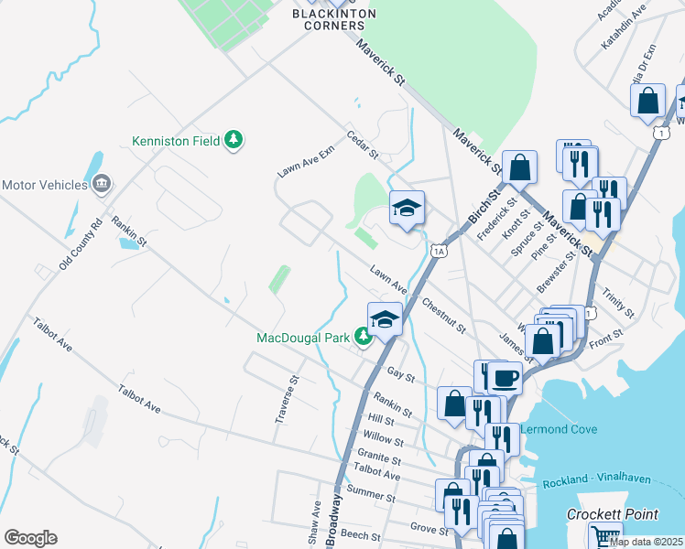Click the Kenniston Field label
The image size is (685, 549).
pyautogui.click(x=176, y=141)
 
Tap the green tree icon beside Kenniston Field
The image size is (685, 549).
pyautogui.click(x=235, y=139)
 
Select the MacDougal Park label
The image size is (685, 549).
pyautogui.click(x=301, y=338)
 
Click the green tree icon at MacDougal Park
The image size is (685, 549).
pyautogui.click(x=363, y=338)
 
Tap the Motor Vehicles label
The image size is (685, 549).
pyautogui.click(x=43, y=184)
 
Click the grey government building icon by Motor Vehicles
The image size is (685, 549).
pyautogui.click(x=102, y=184)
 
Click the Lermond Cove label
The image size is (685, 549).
pyautogui.click(x=560, y=428)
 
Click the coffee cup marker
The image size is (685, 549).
pyautogui.click(x=504, y=377)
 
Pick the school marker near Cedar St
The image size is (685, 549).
pyautogui.click(x=408, y=208)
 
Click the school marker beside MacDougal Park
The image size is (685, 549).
pyautogui.click(x=386, y=318)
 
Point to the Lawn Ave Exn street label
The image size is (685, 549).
pyautogui.click(x=307, y=162)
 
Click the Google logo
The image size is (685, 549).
pyautogui.click(x=30, y=538)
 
